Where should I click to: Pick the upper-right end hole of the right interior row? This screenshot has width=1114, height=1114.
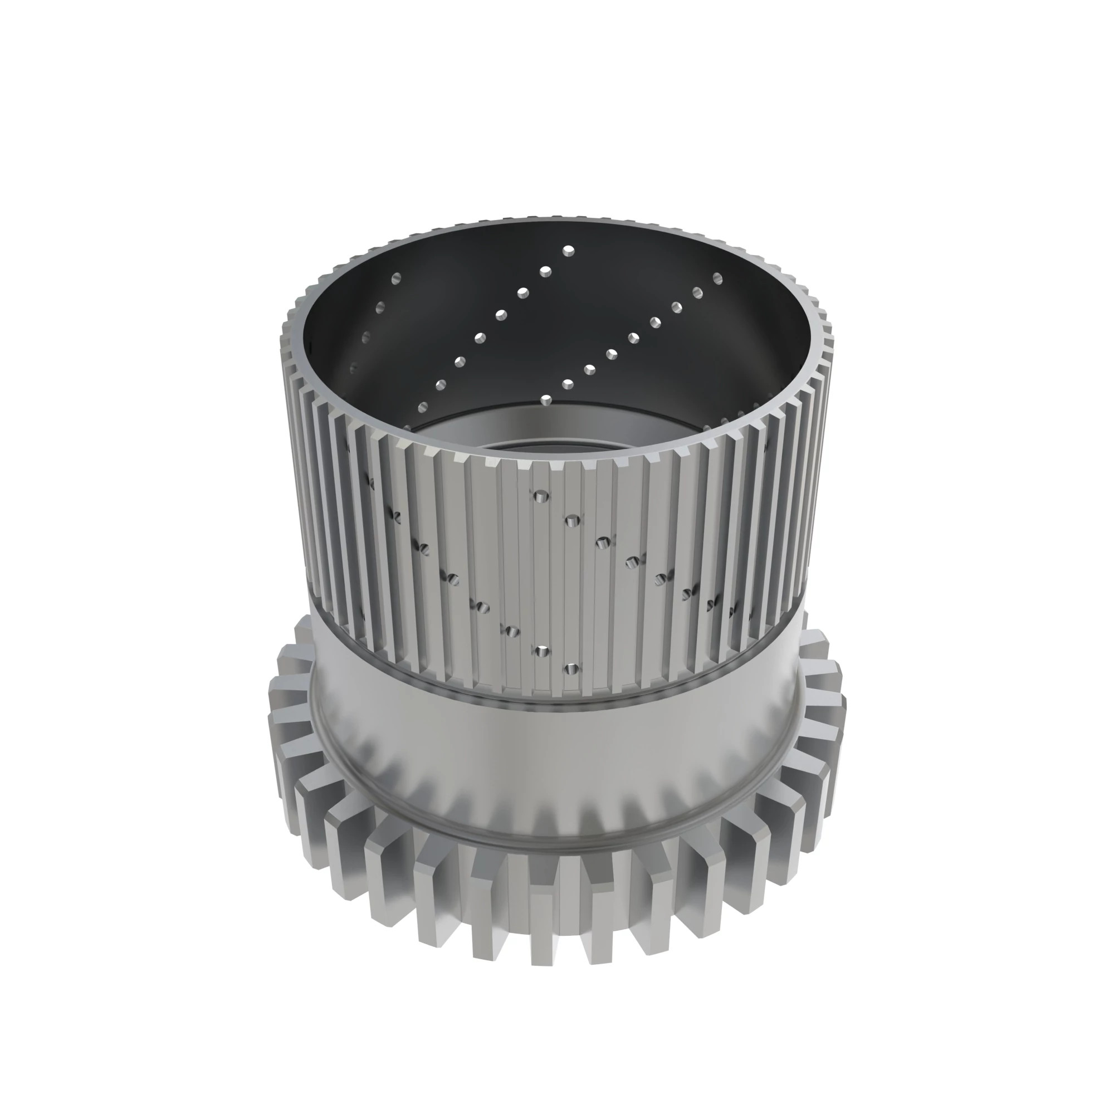718,278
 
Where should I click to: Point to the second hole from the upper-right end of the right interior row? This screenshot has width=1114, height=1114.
698,292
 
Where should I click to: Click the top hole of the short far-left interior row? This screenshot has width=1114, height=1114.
395,278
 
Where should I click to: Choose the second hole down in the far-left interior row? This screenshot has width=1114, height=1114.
379,306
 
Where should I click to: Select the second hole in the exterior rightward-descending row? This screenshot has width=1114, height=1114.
571,521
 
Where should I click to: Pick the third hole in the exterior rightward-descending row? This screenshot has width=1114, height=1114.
603,541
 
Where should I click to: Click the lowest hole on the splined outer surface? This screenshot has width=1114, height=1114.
572,670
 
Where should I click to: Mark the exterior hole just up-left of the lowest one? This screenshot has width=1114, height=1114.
541,651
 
